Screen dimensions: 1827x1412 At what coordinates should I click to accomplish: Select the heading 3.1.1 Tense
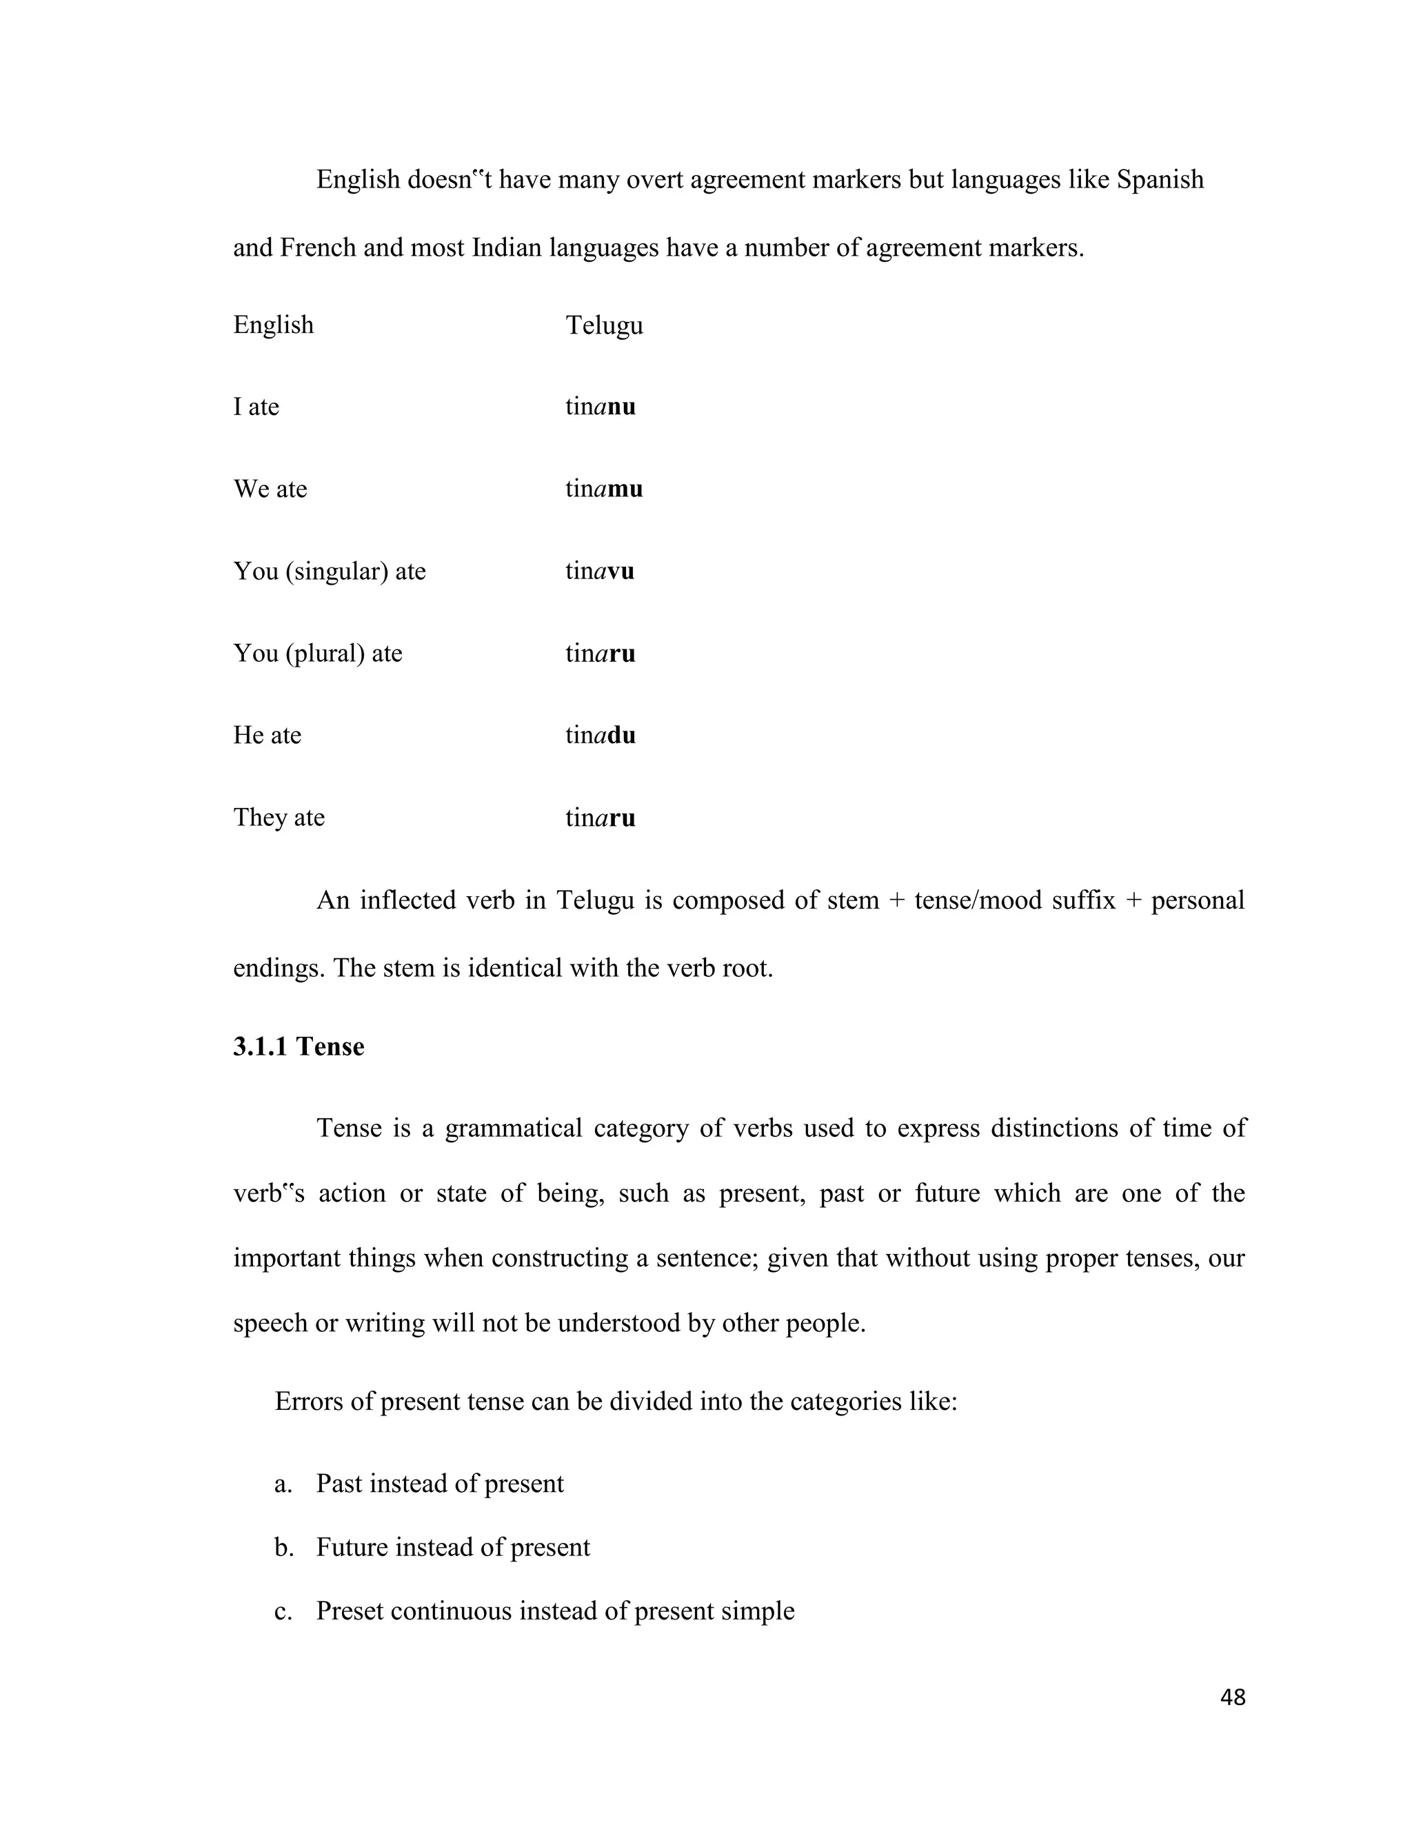click(299, 1047)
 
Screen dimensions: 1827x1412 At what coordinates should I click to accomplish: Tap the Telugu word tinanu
click(600, 407)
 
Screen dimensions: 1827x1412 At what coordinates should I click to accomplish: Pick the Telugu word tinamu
click(603, 489)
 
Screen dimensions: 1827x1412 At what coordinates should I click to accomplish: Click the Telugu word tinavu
click(599, 572)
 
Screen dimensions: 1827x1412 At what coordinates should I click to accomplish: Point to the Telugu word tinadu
click(600, 736)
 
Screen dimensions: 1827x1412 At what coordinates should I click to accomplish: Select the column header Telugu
click(604, 325)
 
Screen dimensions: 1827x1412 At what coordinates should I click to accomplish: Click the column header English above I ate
click(274, 325)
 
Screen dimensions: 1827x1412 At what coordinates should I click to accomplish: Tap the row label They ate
click(279, 817)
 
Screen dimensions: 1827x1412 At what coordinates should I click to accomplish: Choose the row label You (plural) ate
click(318, 654)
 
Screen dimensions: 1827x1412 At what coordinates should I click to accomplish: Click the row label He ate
click(267, 736)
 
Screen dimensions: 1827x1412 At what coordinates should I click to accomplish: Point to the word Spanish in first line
click(1160, 180)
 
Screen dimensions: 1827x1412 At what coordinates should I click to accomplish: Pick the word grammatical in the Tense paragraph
click(513, 1129)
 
